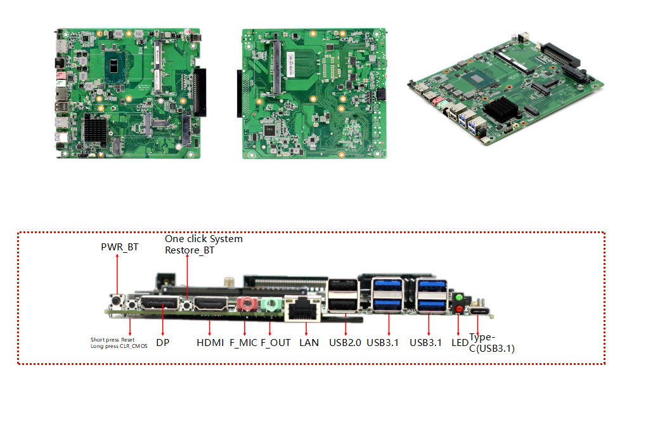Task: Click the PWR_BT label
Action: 120,247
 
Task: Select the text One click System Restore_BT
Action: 204,245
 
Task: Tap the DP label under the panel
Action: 162,342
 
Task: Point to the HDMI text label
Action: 210,342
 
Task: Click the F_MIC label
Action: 243,342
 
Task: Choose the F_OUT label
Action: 276,342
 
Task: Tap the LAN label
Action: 309,342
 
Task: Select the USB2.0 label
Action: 345,342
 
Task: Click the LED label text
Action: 459,342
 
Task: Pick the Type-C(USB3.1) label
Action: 491,343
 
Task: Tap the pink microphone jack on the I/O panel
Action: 246,305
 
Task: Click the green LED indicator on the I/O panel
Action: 459,297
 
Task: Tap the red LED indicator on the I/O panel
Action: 459,309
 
